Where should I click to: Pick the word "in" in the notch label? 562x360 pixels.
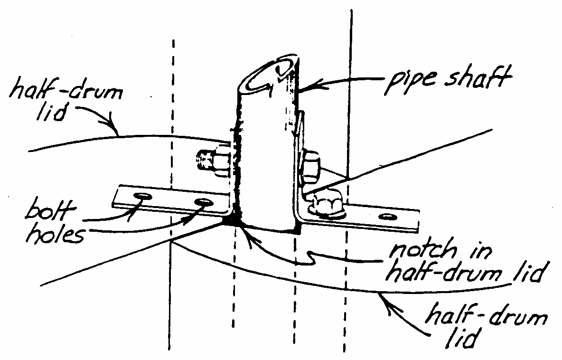479,252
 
